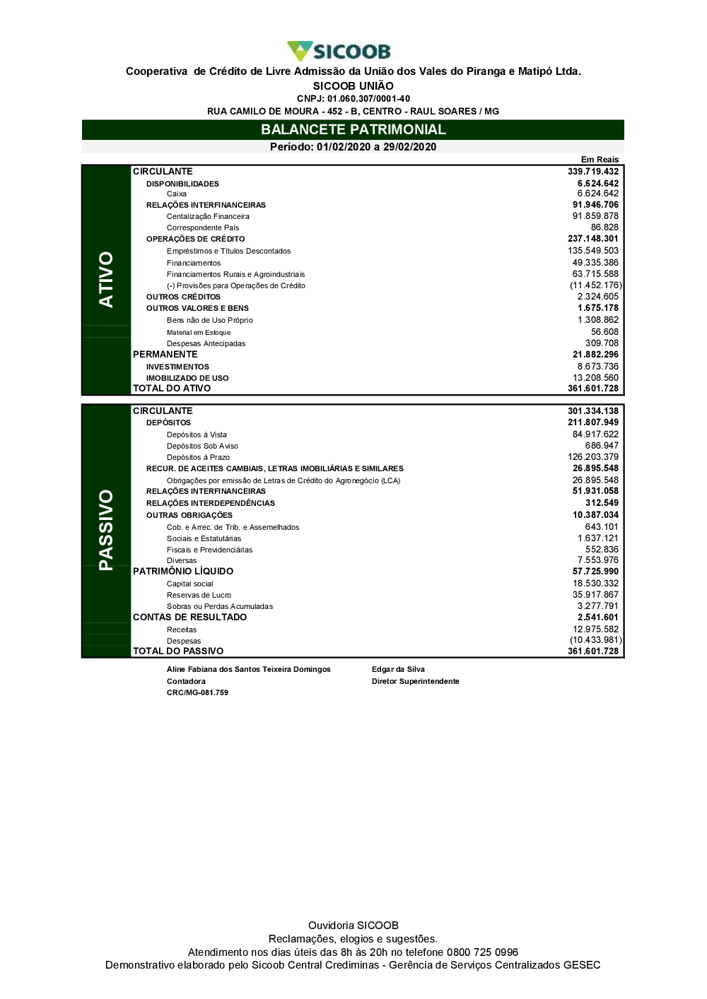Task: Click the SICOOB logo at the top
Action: [x=339, y=51]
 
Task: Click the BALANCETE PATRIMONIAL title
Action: [x=353, y=129]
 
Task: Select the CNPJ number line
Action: [x=353, y=99]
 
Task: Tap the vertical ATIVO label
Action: [x=106, y=279]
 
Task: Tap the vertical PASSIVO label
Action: [x=106, y=530]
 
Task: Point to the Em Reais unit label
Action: [x=600, y=160]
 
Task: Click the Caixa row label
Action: [x=177, y=194]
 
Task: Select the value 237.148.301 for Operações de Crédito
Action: [x=592, y=239]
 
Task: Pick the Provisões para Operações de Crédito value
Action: [x=596, y=285]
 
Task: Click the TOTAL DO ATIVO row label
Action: [x=172, y=388]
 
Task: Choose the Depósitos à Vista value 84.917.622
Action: [x=595, y=435]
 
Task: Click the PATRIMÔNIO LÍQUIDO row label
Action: [x=183, y=571]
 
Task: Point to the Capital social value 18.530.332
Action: [x=595, y=584]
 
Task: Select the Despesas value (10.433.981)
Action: [x=596, y=640]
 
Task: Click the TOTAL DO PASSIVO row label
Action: [x=178, y=651]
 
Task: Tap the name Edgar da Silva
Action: [x=398, y=669]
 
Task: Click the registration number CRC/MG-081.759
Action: [x=197, y=692]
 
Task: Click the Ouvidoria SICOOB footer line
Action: [x=353, y=926]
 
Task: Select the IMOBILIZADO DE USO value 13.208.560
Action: [x=595, y=378]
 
